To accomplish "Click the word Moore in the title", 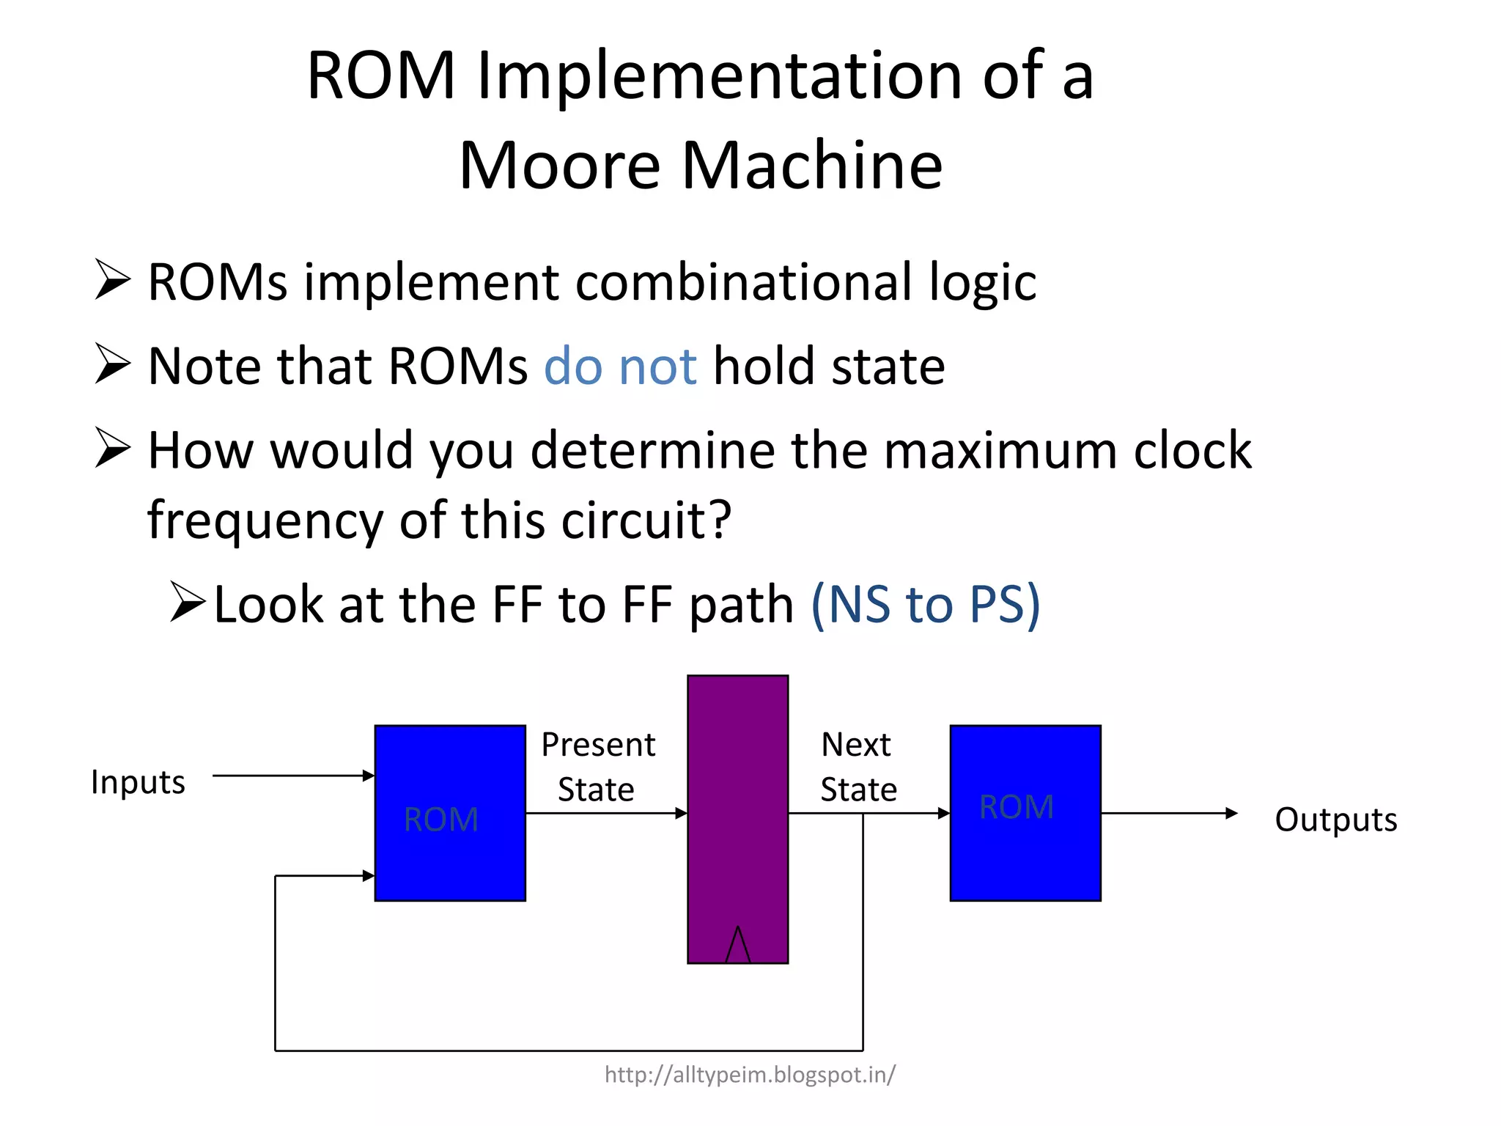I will point(559,166).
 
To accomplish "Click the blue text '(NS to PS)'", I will point(925,605).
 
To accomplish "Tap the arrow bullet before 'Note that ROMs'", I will point(113,364).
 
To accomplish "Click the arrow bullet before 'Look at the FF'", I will point(188,602).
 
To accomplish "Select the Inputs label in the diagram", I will point(138,781).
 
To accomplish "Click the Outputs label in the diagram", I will point(1335,820).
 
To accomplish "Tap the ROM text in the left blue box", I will point(441,819).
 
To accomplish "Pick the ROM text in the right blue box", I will point(1017,807).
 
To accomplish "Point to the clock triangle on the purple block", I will point(737,946).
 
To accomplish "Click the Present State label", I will point(597,767).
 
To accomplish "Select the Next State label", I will point(858,767).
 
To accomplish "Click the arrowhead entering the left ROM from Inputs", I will point(369,776).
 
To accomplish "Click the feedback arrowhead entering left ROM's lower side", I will point(369,875).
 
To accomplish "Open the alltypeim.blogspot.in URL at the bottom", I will point(750,1075).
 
